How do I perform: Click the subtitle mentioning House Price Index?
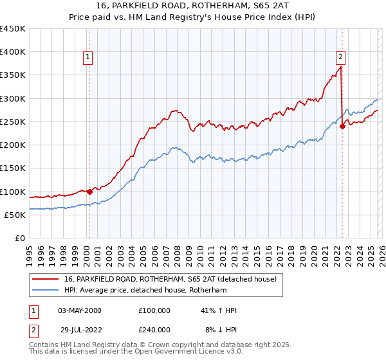point(192,17)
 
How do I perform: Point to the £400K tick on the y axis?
point(13,52)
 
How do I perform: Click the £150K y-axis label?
point(13,168)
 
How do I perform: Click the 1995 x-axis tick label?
point(30,251)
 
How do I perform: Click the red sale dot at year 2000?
point(90,191)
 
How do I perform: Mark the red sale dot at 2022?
point(342,126)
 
